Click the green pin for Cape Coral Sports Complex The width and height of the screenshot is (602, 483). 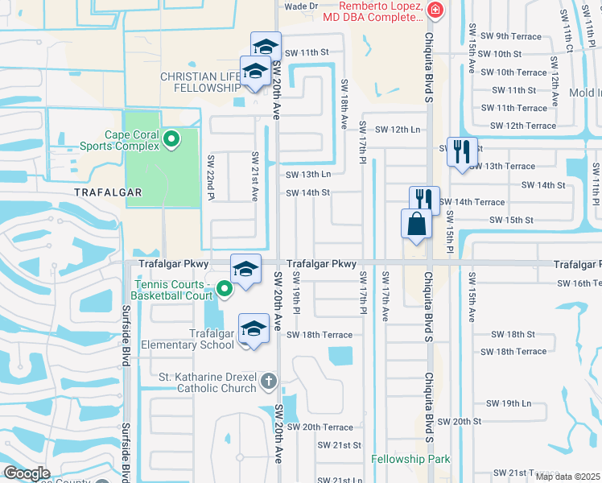point(171,140)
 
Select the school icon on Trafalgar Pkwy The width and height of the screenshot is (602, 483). point(246,269)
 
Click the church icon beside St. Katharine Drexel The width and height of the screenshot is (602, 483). point(269,379)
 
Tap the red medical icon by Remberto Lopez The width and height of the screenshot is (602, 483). point(435,10)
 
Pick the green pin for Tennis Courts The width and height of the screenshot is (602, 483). point(225,287)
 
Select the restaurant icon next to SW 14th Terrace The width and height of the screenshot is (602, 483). point(424,200)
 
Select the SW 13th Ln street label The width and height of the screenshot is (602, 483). point(308,174)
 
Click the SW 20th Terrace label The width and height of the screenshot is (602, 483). point(320,427)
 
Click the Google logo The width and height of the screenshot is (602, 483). point(27,473)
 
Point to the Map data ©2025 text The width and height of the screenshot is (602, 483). point(567,477)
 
